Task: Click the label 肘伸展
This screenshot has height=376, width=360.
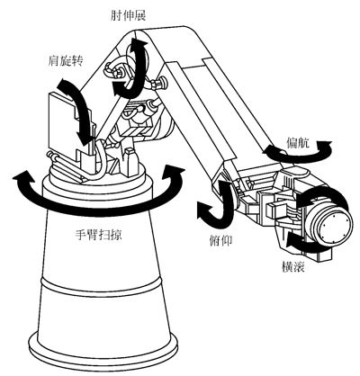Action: click(128, 15)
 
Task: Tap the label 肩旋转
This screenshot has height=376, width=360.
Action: click(65, 61)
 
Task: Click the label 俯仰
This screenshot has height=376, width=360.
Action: click(220, 240)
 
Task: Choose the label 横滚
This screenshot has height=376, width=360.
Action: click(293, 266)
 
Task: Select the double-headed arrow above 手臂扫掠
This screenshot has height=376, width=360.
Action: click(99, 207)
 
